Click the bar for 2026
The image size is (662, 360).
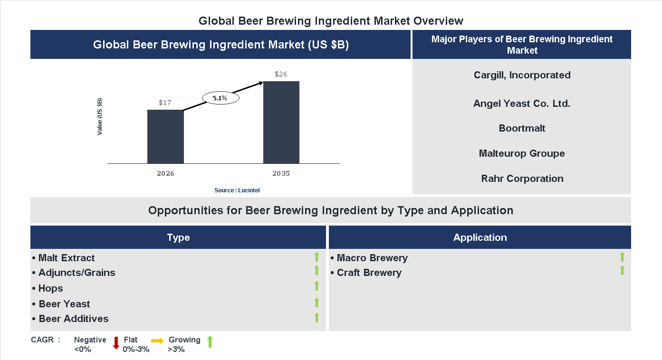pyautogui.click(x=165, y=137)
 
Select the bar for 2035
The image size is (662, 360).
pyautogui.click(x=281, y=123)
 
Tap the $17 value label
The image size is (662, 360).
pyautogui.click(x=165, y=103)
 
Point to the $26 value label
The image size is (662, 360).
pyautogui.click(x=281, y=74)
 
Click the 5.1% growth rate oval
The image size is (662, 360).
pyautogui.click(x=221, y=98)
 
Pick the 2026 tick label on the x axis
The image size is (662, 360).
pyautogui.click(x=165, y=173)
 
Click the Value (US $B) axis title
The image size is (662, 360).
pyautogui.click(x=100, y=116)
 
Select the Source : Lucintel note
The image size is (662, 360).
pyautogui.click(x=237, y=190)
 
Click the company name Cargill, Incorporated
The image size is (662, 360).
pyautogui.click(x=522, y=75)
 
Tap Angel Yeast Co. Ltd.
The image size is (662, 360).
pyautogui.click(x=522, y=104)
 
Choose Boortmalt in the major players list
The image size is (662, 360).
pyautogui.click(x=522, y=128)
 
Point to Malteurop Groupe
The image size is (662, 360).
pyautogui.click(x=522, y=153)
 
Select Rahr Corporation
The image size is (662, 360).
pyautogui.click(x=522, y=179)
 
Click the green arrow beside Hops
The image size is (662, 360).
pyautogui.click(x=317, y=286)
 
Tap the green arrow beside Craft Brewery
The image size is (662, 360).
pyautogui.click(x=622, y=271)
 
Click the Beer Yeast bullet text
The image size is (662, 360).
pyautogui.click(x=64, y=304)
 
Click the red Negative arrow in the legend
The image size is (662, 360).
pyautogui.click(x=116, y=342)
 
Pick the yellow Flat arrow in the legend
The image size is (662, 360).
pyautogui.click(x=157, y=341)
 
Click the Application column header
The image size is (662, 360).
pyautogui.click(x=480, y=237)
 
